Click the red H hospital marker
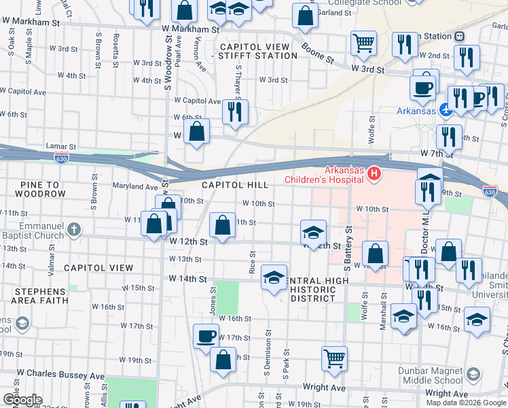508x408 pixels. [374, 175]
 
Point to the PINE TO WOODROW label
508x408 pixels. [33, 189]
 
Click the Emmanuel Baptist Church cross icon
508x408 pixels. [75, 230]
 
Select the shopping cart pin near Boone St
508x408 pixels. [364, 44]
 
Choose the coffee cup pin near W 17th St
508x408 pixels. [206, 335]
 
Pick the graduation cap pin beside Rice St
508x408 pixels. [274, 277]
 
